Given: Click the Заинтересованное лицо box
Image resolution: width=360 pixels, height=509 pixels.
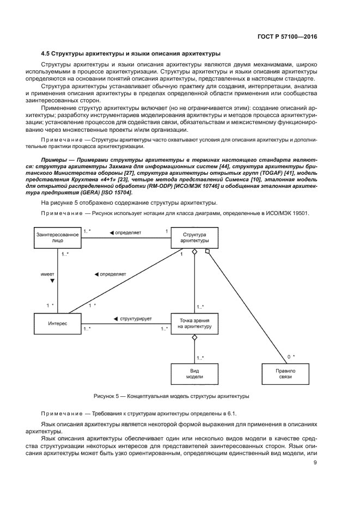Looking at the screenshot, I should pos(58,238).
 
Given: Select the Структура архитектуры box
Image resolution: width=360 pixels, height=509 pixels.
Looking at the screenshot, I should pos(194,238).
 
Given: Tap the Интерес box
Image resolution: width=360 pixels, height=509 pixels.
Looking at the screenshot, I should pos(58,323).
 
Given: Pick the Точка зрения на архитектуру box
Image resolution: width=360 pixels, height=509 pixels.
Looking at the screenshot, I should pos(194,323).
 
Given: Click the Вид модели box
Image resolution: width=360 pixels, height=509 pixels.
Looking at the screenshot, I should pos(194,374).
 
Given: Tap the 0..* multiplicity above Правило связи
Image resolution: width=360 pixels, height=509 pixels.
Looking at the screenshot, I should pos(291,357).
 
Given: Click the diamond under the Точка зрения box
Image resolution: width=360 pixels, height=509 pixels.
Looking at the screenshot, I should pos(194,338).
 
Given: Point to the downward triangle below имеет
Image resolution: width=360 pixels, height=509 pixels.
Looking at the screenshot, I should pos(52,281).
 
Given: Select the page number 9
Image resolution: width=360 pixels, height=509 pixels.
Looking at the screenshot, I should pos(315,463).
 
